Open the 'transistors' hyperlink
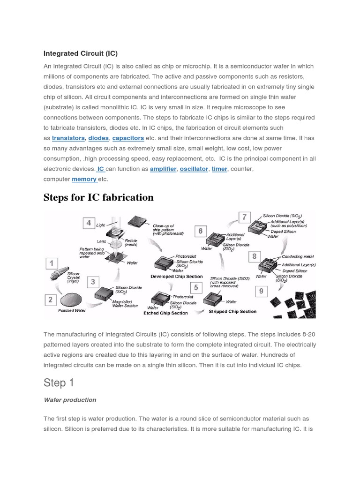coord(68,138)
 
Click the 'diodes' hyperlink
coord(98,138)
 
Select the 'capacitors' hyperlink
coord(128,138)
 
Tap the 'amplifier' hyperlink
coord(163,169)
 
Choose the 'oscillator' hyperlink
coord(194,169)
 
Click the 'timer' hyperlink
coord(219,169)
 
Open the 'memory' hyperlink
coord(84,179)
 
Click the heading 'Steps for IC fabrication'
coord(98,197)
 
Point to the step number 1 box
coord(51,263)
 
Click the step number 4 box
coord(89,223)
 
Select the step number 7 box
coord(244,217)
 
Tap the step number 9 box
coord(261,291)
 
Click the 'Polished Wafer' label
coord(71,311)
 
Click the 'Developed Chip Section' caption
coord(176,277)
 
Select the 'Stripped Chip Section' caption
coord(232,311)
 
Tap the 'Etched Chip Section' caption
coord(165,313)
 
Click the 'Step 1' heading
coord(59,383)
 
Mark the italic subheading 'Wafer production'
coord(70,400)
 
